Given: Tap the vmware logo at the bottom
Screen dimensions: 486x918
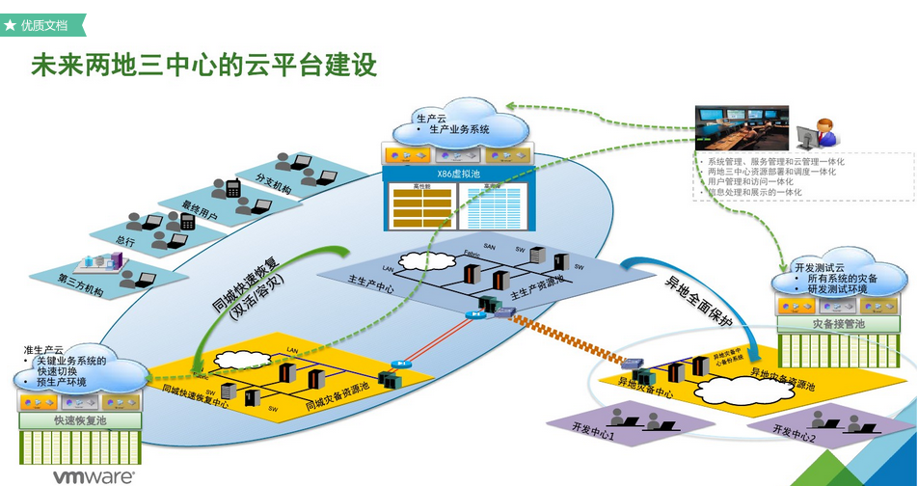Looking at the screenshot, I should click(94, 476).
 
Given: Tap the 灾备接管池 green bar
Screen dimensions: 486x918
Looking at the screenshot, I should click(838, 325).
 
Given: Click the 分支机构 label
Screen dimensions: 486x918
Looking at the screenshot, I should click(275, 184).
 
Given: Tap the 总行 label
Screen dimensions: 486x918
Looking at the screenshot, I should click(124, 241).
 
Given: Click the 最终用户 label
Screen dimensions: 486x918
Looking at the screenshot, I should click(200, 211).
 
